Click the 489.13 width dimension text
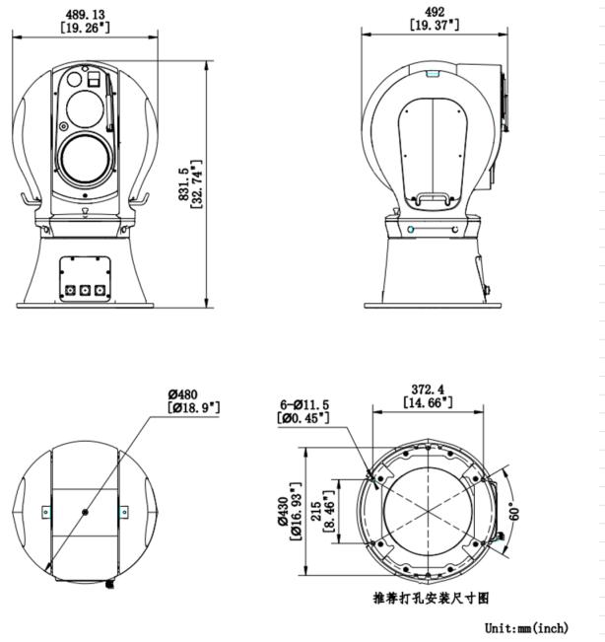coord(85,15)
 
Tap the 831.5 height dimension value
coord(183,183)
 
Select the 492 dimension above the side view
coord(435,12)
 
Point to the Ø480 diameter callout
coord(183,394)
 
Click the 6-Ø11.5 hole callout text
coord(304,405)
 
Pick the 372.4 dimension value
coord(428,390)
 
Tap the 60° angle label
coord(514,512)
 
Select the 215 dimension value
coord(316,512)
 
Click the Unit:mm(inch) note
coord(526,627)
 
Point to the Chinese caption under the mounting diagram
coord(431,599)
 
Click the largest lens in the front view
coord(85,160)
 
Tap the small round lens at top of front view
coord(74,79)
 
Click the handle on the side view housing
coord(433,199)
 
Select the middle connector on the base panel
coord(85,290)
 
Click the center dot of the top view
coord(85,512)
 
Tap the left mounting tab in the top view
coord(46,512)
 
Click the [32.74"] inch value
coord(197,183)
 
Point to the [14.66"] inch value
coord(428,402)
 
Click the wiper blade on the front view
coord(108,103)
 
